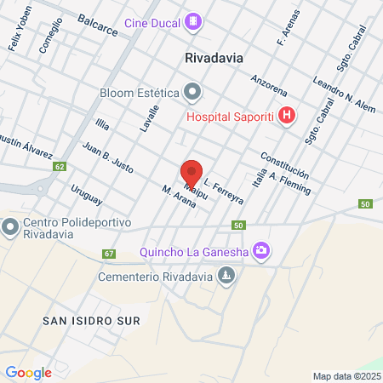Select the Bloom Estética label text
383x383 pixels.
(x=139, y=91)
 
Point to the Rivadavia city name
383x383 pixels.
(x=214, y=58)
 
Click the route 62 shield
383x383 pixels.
(x=59, y=166)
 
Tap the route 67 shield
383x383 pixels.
(x=108, y=254)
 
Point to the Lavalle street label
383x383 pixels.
(x=150, y=117)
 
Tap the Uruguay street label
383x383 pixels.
(x=87, y=195)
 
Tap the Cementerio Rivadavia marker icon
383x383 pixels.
(x=226, y=275)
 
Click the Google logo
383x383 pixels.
(x=28, y=372)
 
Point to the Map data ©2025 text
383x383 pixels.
(x=346, y=375)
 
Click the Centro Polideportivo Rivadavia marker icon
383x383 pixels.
(x=10, y=227)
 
